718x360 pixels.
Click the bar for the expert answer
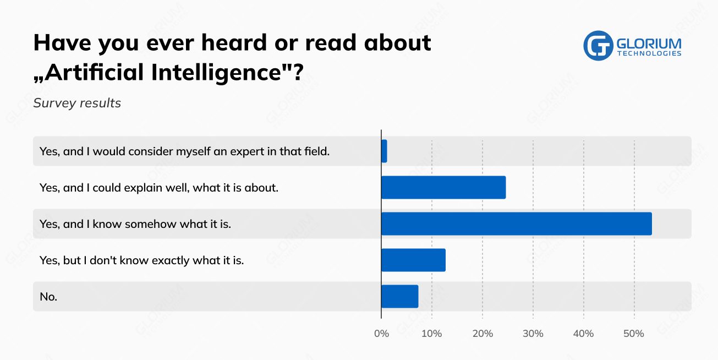pos(384,151)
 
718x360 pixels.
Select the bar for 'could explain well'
pos(443,187)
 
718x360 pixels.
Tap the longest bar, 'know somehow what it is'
pos(516,223)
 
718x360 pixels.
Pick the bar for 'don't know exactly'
pos(413,260)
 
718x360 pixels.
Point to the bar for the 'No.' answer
pos(400,296)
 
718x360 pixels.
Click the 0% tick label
pos(381,334)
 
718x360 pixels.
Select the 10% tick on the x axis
pos(432,334)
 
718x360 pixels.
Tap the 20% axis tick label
pos(483,334)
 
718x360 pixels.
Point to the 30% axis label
pos(533,334)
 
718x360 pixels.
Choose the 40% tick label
pos(583,334)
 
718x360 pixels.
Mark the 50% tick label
pos(634,334)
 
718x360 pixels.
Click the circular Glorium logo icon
pos(598,45)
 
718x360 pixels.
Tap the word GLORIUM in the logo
pos(649,43)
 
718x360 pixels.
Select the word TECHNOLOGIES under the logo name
pos(649,53)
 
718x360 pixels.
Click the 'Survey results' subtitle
pos(77,103)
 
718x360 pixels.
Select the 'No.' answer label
pos(48,297)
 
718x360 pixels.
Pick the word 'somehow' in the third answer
pos(148,224)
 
